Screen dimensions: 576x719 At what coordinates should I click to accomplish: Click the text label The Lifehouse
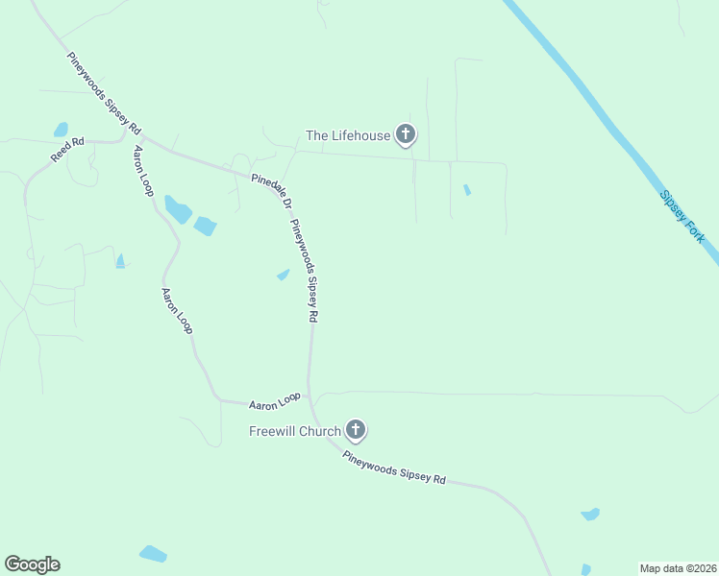tap(348, 135)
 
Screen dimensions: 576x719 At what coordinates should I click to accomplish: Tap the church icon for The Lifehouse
tap(406, 134)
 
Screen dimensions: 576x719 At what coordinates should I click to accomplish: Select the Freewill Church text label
tap(294, 431)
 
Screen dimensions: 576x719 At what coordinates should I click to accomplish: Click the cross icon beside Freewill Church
tap(356, 430)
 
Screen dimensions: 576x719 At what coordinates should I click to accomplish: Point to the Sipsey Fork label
tap(682, 215)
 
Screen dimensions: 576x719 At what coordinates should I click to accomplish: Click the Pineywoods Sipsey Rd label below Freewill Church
tap(394, 466)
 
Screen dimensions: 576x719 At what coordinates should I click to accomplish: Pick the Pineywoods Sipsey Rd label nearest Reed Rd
tap(104, 92)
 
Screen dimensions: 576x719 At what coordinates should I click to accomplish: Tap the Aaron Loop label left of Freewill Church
tap(275, 401)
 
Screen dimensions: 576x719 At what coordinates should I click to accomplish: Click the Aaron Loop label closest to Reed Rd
tap(143, 172)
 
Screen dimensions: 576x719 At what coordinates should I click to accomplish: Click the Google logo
tap(32, 564)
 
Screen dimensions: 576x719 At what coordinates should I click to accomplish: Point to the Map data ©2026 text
tap(677, 568)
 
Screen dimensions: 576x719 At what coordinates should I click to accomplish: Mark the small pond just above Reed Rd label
tap(62, 130)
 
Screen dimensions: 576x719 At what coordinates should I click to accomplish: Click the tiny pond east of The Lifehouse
tap(467, 190)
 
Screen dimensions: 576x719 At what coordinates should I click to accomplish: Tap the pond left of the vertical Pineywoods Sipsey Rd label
tap(284, 275)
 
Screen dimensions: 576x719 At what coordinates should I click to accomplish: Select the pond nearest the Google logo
tap(153, 554)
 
